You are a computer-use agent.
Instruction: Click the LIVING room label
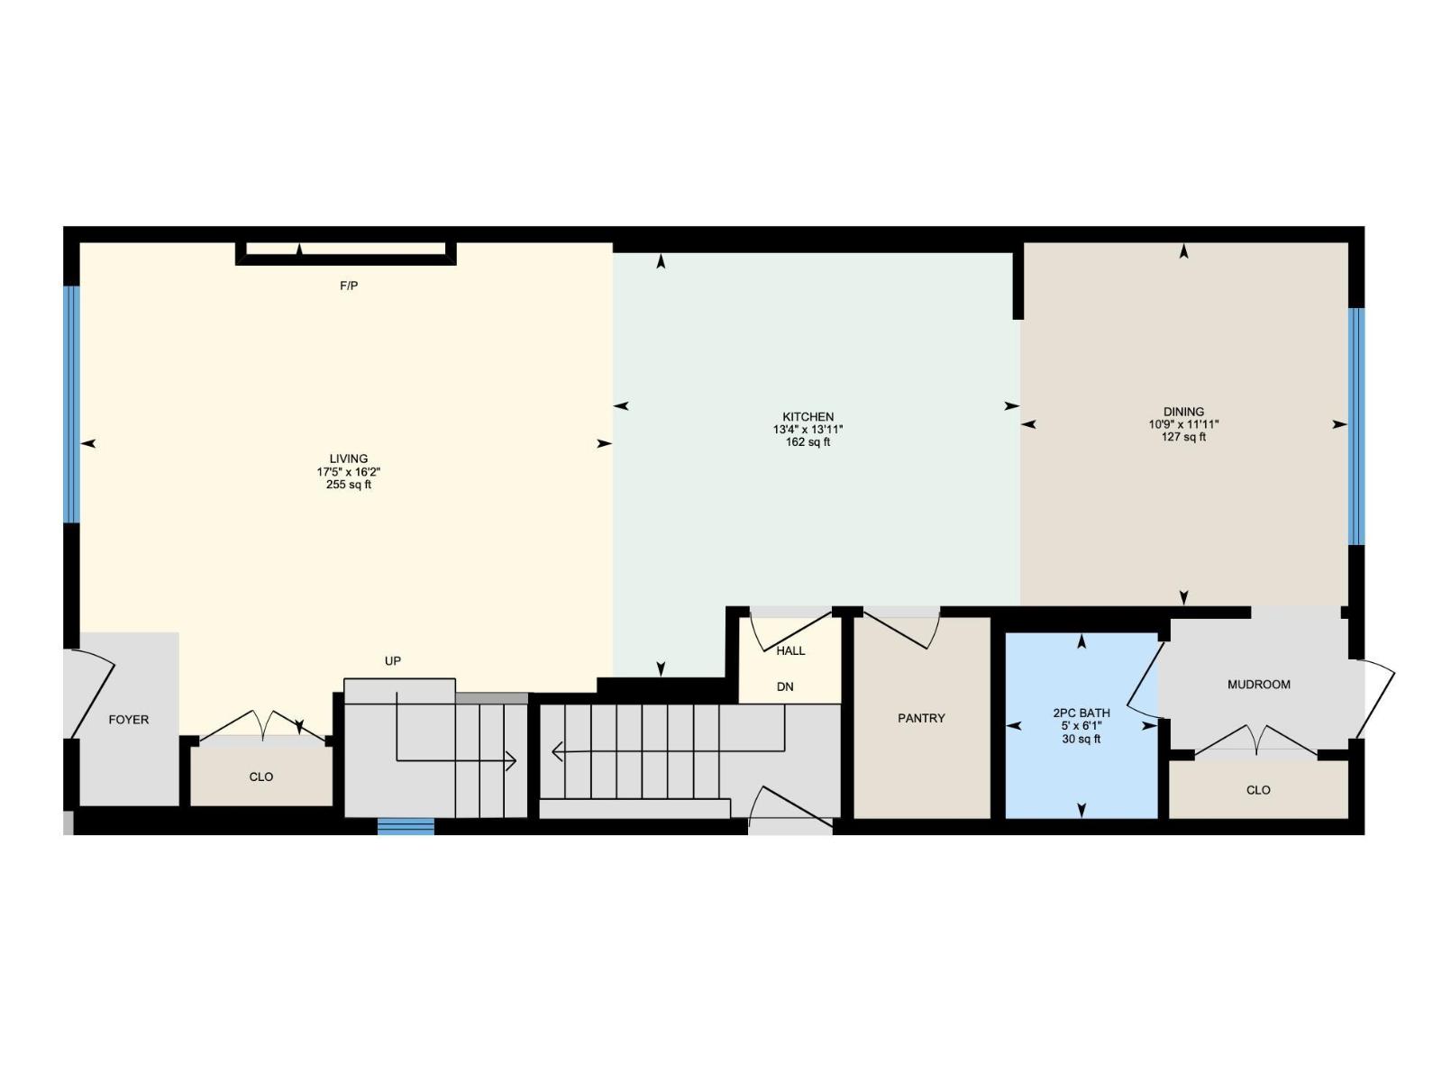click(x=348, y=459)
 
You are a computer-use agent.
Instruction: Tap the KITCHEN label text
click(x=808, y=417)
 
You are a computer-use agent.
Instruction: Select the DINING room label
click(x=1183, y=412)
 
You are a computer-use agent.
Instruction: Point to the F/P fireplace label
click(x=349, y=286)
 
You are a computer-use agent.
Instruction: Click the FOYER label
click(x=129, y=720)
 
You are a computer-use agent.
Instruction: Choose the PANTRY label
click(x=921, y=718)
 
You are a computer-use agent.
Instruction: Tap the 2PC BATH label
click(x=1081, y=713)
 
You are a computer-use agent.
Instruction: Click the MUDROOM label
click(x=1258, y=685)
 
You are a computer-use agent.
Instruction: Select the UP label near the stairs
click(x=393, y=661)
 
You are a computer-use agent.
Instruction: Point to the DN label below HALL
click(x=785, y=686)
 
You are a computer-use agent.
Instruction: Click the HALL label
click(x=790, y=650)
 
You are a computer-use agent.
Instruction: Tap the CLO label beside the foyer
click(x=261, y=777)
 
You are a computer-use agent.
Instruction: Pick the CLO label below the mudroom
click(x=1258, y=790)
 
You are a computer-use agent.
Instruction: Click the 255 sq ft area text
click(x=348, y=485)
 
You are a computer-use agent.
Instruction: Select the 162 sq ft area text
click(x=808, y=442)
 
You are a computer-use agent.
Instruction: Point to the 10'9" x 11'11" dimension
click(x=1183, y=424)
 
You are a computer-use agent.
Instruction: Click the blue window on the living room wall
click(x=71, y=404)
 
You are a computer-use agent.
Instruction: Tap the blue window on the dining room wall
click(x=1356, y=426)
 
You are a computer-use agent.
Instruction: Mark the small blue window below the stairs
click(x=406, y=826)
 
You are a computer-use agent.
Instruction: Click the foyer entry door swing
click(x=92, y=698)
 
